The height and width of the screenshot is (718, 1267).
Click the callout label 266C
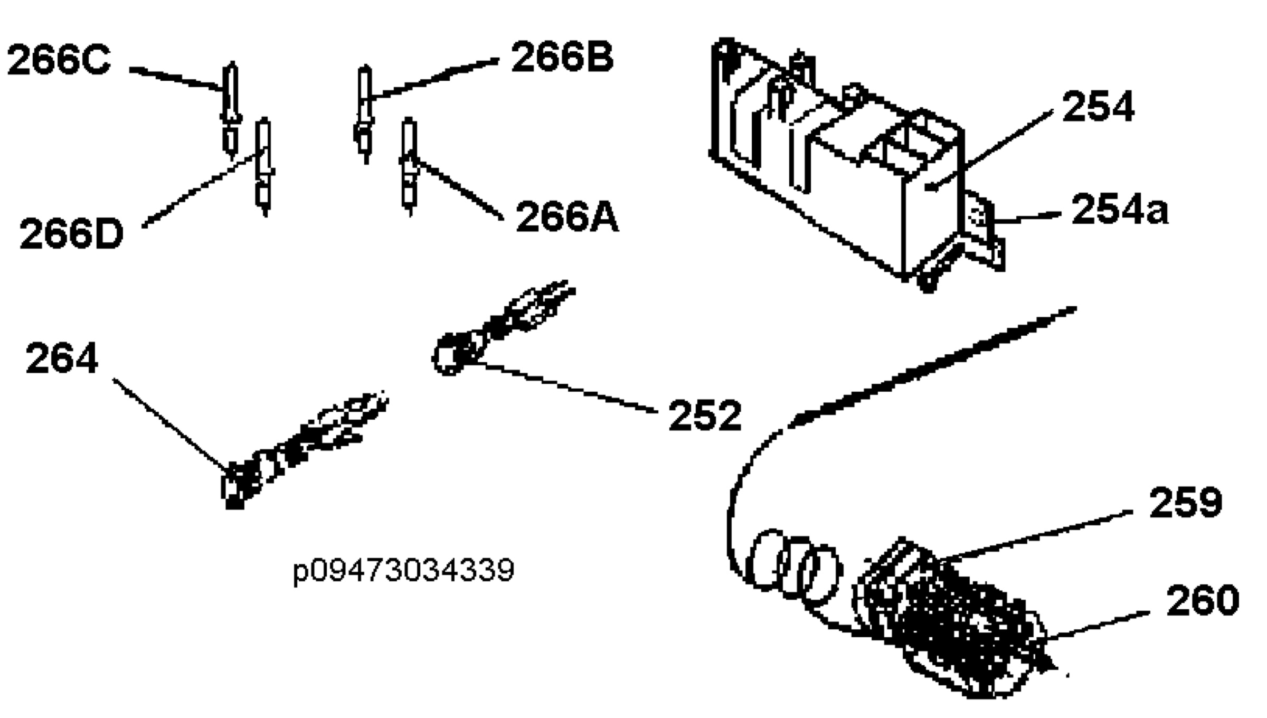pos(59,60)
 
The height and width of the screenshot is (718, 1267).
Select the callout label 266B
pos(562,57)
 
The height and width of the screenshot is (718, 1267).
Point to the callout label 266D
pos(71,233)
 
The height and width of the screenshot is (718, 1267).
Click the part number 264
pos(62,358)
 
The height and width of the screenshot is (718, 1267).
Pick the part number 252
pos(705,415)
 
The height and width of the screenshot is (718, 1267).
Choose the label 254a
pos(1120,209)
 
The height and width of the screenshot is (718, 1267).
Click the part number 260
pos(1203,600)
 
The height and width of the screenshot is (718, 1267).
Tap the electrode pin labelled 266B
pos(364,114)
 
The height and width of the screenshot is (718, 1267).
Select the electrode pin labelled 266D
pos(264,167)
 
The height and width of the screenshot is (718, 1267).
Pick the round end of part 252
pos(449,354)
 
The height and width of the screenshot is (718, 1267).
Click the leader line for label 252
pos(565,386)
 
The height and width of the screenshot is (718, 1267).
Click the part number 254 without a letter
pos(1098,106)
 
